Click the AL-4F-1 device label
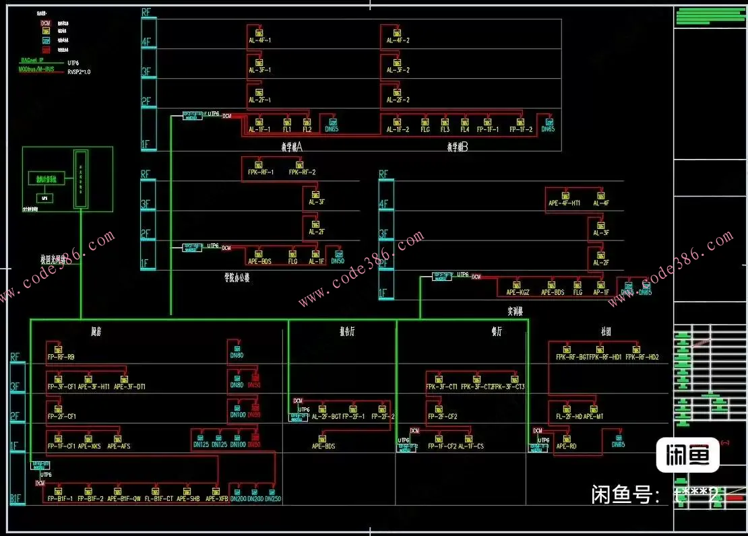coord(259,41)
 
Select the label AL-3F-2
coord(398,70)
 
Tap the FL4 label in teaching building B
coord(465,129)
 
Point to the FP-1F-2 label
coord(521,129)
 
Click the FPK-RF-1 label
coord(261,172)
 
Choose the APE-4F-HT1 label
coord(565,203)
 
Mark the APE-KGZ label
coord(518,292)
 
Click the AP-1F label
coord(600,292)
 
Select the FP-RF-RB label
coord(61,357)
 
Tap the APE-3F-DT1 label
coord(129,387)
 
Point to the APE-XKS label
coord(90,446)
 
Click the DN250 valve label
coord(273,499)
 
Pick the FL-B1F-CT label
coord(158,499)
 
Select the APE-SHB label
coord(188,499)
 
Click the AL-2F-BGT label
coord(325,417)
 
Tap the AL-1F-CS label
coord(471,446)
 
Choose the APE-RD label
coord(566,446)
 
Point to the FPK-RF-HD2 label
coord(642,357)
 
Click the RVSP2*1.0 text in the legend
coord(79,71)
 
